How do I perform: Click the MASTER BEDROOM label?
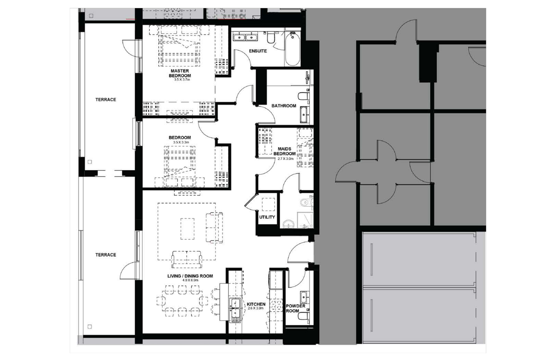pos(180,73)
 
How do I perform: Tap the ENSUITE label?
pos(258,51)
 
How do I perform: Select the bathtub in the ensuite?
pos(293,49)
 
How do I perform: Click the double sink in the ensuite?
pos(245,37)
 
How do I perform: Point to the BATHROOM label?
pos(284,106)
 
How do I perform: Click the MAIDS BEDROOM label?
pos(285,151)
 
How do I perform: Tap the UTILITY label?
pos(267,217)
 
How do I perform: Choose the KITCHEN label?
pos(256,304)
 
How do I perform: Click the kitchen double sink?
pos(235,310)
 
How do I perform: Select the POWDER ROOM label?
pos(295,308)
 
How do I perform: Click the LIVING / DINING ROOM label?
pos(190,276)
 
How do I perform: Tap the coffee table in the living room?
pos(187,229)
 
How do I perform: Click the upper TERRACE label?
pos(106,100)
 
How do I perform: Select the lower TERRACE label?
pos(106,255)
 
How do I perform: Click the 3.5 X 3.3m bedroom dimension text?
pos(181,142)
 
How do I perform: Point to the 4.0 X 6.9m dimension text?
pos(190,280)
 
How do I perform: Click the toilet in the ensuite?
pos(271,38)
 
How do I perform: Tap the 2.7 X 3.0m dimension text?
pos(285,159)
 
